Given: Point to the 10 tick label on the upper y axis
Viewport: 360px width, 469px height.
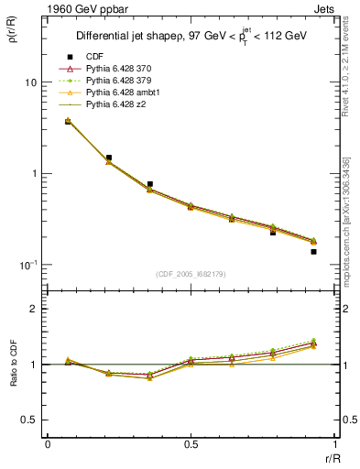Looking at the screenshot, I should point(30,82).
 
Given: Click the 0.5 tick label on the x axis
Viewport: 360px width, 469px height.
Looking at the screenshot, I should point(191,444).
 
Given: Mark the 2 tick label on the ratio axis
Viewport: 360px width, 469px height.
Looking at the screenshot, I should point(34,310).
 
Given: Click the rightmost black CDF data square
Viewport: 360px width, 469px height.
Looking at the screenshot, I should point(313,251).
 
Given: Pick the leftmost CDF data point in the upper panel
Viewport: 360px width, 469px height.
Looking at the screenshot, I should point(68,121).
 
